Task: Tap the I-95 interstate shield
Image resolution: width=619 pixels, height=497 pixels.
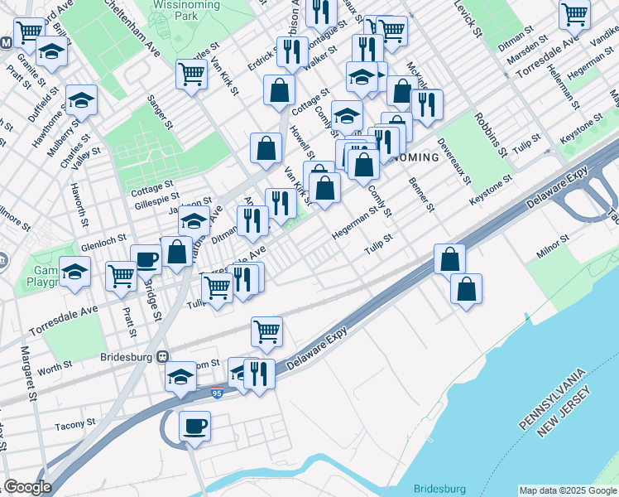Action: tap(217, 393)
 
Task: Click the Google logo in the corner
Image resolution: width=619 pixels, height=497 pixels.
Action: tap(27, 487)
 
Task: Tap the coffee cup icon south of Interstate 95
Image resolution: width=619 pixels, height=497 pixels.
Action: tap(195, 427)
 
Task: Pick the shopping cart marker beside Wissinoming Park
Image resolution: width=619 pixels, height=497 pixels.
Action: tap(192, 74)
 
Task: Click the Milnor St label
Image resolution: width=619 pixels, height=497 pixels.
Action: tap(553, 245)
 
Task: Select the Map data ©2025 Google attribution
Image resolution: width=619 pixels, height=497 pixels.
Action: tap(567, 490)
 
